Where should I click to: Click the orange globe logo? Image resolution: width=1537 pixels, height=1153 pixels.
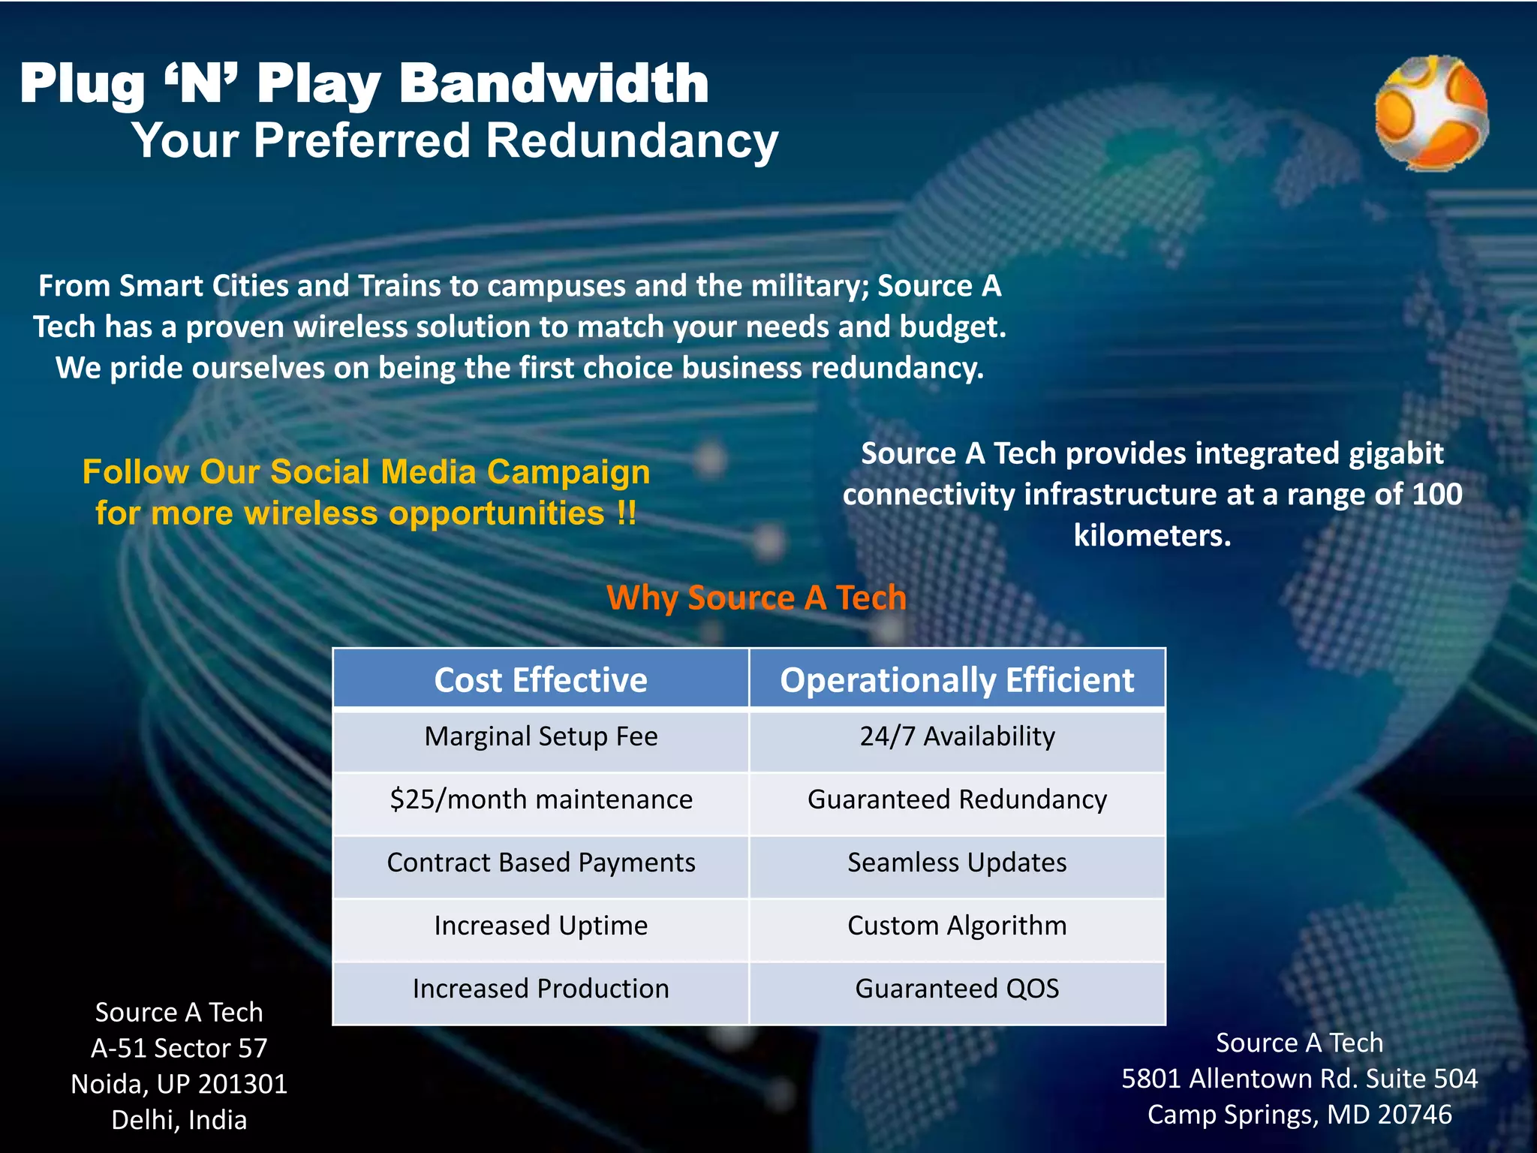pyautogui.click(x=1430, y=113)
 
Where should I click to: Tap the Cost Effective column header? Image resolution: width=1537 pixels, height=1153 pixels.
pyautogui.click(x=540, y=680)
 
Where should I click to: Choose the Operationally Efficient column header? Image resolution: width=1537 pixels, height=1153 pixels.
pyautogui.click(x=957, y=680)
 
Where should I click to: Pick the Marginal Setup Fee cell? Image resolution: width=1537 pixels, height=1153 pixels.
pyautogui.click(x=540, y=736)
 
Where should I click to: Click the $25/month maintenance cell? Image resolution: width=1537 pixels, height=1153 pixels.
pyautogui.click(x=540, y=799)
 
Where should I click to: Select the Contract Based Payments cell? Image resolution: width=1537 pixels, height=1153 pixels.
pyautogui.click(x=540, y=862)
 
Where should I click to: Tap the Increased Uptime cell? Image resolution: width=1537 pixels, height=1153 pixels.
pyautogui.click(x=540, y=926)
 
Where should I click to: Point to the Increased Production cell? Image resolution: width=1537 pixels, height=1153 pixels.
pyautogui.click(x=540, y=989)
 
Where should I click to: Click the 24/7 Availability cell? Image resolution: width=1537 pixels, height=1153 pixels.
pyautogui.click(x=957, y=736)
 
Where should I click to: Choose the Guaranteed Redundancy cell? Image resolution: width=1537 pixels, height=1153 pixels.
pyautogui.click(x=957, y=799)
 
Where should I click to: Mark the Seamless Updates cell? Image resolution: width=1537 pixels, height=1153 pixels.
pyautogui.click(x=957, y=862)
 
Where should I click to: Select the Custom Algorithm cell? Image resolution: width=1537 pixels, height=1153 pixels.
pyautogui.click(x=957, y=926)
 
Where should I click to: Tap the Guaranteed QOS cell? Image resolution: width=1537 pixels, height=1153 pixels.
pyautogui.click(x=957, y=989)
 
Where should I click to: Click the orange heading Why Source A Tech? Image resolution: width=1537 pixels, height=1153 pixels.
pyautogui.click(x=756, y=598)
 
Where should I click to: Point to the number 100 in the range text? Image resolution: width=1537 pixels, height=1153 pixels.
pyautogui.click(x=1436, y=494)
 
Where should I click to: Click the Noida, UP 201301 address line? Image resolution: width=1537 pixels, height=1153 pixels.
pyautogui.click(x=179, y=1084)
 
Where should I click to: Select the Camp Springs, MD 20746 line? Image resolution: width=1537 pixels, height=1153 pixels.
pyautogui.click(x=1299, y=1115)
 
